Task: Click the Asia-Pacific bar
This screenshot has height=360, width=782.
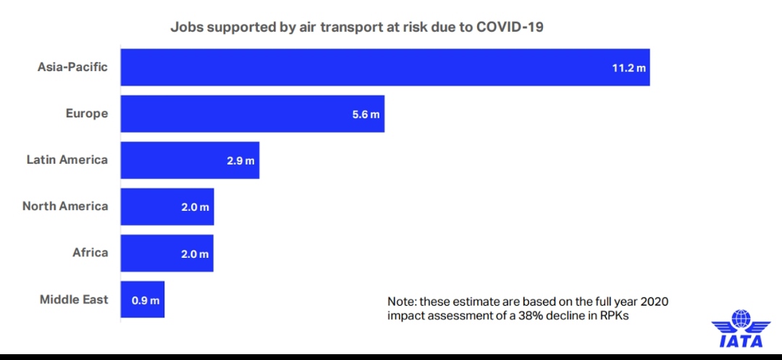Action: pyautogui.click(x=384, y=67)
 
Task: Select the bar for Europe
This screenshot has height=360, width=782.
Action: pyautogui.click(x=252, y=114)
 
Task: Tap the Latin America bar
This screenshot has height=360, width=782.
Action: pyautogui.click(x=190, y=160)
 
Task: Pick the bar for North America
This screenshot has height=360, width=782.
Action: pyautogui.click(x=167, y=206)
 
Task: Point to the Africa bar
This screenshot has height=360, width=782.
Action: pyautogui.click(x=167, y=253)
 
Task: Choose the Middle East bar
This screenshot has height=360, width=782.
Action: pyautogui.click(x=143, y=299)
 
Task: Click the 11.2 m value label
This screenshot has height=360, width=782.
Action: pyautogui.click(x=628, y=68)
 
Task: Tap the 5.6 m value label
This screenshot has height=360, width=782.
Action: pyautogui.click(x=366, y=114)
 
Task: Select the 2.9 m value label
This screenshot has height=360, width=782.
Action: pyautogui.click(x=240, y=161)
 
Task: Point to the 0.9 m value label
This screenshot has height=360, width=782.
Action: pyautogui.click(x=146, y=300)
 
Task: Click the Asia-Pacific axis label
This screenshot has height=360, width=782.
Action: pyautogui.click(x=72, y=67)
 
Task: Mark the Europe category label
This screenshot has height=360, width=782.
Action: pyautogui.click(x=86, y=114)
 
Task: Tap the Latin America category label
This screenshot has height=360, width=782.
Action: pyautogui.click(x=67, y=160)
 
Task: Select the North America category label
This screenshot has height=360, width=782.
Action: pyautogui.click(x=65, y=206)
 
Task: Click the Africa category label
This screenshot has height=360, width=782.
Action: pyautogui.click(x=90, y=253)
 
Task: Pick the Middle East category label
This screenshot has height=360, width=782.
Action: pyautogui.click(x=74, y=300)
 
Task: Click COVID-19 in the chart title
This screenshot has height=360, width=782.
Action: pyautogui.click(x=510, y=28)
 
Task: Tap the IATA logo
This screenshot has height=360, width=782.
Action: pyautogui.click(x=741, y=330)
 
